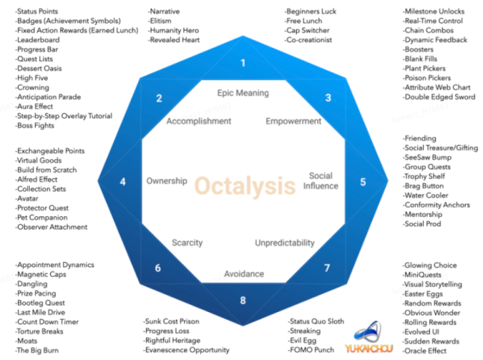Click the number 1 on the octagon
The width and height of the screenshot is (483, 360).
[243, 63]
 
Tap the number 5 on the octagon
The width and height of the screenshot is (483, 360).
[363, 182]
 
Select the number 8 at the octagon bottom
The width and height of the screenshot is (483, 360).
[243, 300]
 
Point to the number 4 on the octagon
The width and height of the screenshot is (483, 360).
[123, 182]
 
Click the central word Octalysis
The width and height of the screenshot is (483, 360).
[245, 186]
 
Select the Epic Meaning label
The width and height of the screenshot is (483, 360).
[243, 93]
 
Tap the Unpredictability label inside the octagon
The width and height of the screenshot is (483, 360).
[285, 243]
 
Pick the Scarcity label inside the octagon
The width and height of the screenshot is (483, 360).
[187, 243]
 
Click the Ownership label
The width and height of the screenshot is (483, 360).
[167, 181]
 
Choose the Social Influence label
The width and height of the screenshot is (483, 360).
[321, 181]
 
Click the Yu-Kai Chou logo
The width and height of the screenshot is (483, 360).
[369, 337]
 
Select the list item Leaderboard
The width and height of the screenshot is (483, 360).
[37, 40]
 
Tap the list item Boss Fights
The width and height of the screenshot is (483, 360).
[35, 126]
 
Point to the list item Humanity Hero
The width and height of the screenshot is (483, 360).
[173, 30]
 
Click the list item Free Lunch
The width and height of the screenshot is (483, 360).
[303, 21]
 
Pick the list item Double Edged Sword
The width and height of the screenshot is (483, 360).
[439, 97]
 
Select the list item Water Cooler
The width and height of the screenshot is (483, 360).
[425, 195]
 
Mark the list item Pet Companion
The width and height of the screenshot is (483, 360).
[41, 218]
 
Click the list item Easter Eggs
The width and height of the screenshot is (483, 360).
[422, 294]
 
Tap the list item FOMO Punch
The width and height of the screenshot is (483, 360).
[311, 350]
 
